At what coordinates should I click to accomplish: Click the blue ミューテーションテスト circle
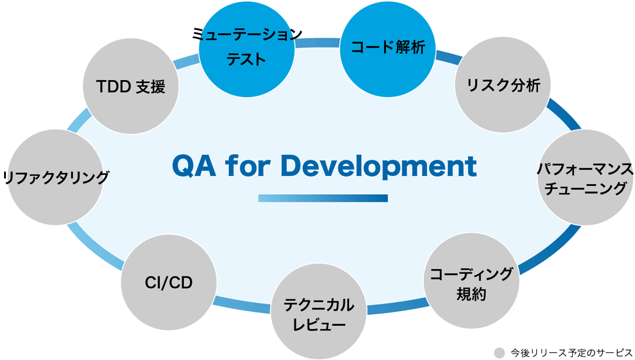[247, 51]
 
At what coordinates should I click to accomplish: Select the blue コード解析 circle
[387, 48]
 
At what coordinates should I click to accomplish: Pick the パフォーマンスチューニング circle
[586, 178]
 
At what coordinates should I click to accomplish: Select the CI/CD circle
[169, 282]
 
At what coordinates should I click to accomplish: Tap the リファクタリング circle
[56, 177]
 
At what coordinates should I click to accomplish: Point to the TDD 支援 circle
[131, 87]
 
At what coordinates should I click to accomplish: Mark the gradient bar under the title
[323, 198]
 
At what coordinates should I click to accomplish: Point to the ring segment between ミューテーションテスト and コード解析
[317, 44]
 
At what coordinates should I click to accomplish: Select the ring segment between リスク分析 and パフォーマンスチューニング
[563, 115]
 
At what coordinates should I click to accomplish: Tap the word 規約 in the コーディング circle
[472, 294]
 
